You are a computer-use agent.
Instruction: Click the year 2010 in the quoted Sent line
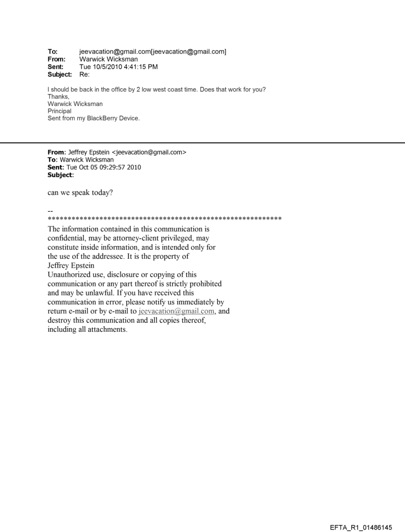(x=133, y=167)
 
